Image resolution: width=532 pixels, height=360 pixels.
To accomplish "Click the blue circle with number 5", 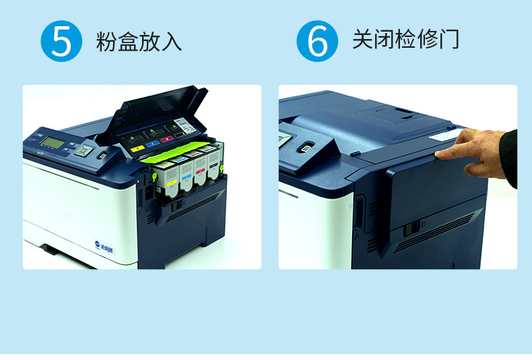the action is (61, 41).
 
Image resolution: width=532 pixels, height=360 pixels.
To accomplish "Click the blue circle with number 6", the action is (317, 41).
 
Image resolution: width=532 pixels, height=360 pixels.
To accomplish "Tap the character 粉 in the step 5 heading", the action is (106, 41).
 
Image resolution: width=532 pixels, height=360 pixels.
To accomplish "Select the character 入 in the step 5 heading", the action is (171, 41).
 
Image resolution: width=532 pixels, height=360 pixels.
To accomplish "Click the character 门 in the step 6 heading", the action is (449, 39).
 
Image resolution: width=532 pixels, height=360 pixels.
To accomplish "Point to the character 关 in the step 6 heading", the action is (363, 39).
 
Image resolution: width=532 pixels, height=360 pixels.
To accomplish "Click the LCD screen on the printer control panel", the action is (53, 143).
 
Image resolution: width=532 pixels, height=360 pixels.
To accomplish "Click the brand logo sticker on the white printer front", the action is (104, 248).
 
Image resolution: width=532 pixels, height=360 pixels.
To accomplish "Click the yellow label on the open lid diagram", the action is (137, 149).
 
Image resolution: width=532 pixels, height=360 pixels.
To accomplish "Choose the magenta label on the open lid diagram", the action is (167, 139).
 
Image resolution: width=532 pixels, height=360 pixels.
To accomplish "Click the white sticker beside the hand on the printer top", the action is (445, 134).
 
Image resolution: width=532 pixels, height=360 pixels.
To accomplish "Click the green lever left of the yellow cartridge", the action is (154, 176).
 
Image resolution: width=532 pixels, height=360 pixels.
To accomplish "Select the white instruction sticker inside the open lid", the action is (185, 126).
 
